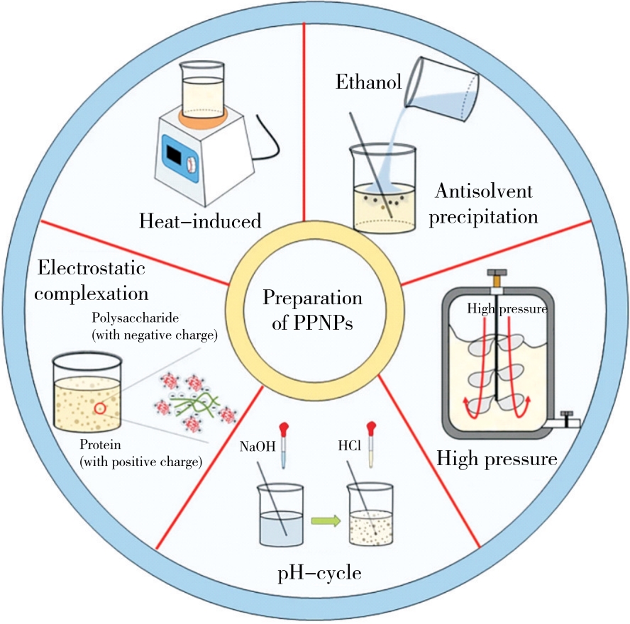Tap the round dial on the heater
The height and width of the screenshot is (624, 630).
click(191, 164)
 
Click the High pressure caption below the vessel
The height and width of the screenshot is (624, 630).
click(496, 459)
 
